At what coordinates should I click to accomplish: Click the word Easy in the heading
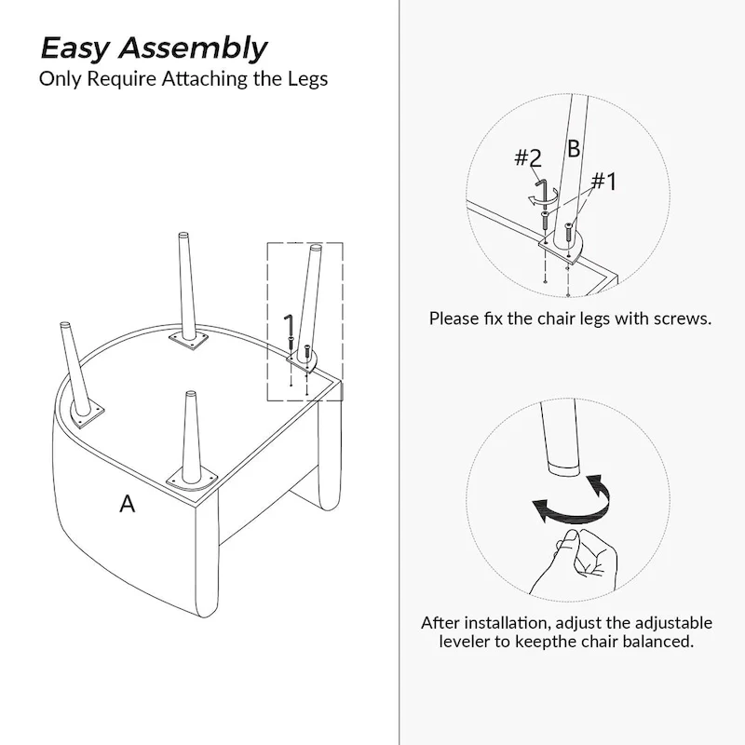coord(74,49)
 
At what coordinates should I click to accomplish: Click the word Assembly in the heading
coord(193,49)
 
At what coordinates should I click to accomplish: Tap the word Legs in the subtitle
coord(307,79)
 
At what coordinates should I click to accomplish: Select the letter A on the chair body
coord(127,504)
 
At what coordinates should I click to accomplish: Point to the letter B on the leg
coord(574,149)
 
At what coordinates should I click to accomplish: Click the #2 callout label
coord(528,157)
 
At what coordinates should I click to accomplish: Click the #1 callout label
coord(603,181)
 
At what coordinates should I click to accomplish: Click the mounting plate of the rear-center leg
coord(189,341)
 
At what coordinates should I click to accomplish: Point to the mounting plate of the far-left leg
coord(86,413)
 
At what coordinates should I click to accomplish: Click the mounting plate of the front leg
coord(192,481)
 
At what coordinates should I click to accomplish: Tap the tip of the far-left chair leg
coord(65,324)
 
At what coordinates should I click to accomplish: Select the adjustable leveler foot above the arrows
coord(564,467)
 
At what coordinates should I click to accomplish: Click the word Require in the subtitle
coord(122,79)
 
